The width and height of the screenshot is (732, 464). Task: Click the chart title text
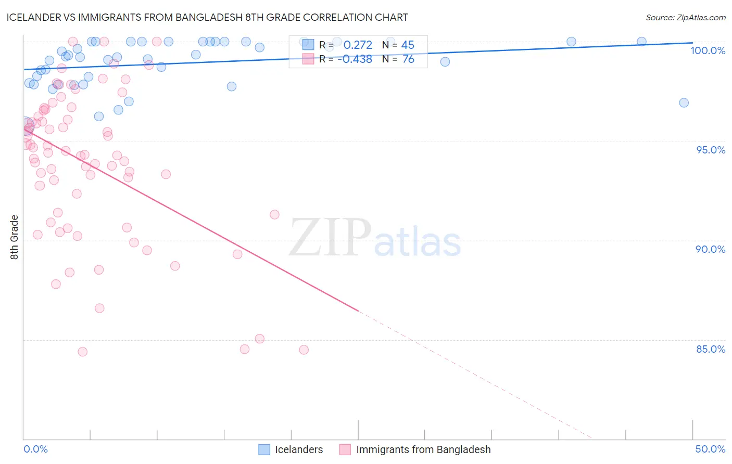[x=207, y=17]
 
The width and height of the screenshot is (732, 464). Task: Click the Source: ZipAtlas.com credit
[x=685, y=17]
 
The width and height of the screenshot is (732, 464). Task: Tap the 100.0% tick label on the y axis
[x=708, y=50]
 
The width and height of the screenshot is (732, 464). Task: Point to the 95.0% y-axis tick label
[x=711, y=150]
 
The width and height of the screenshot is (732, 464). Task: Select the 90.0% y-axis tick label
[x=710, y=249]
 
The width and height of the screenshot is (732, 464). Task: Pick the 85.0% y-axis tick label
[x=710, y=349]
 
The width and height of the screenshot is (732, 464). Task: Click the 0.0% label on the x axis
[x=35, y=449]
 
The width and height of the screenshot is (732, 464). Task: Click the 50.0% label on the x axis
[x=710, y=449]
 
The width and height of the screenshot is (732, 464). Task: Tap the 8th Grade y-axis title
[x=14, y=237]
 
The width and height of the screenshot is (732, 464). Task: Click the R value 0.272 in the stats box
[x=358, y=45]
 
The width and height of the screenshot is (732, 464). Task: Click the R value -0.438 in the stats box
[x=355, y=59]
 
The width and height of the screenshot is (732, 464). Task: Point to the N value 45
[x=408, y=45]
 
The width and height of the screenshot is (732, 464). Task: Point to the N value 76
[x=408, y=59]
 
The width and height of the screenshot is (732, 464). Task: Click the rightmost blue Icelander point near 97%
[x=684, y=103]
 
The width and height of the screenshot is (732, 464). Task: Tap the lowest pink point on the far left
[x=82, y=352]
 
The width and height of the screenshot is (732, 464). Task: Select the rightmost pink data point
[x=304, y=350]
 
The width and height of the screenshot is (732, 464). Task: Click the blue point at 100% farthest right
[x=641, y=42]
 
